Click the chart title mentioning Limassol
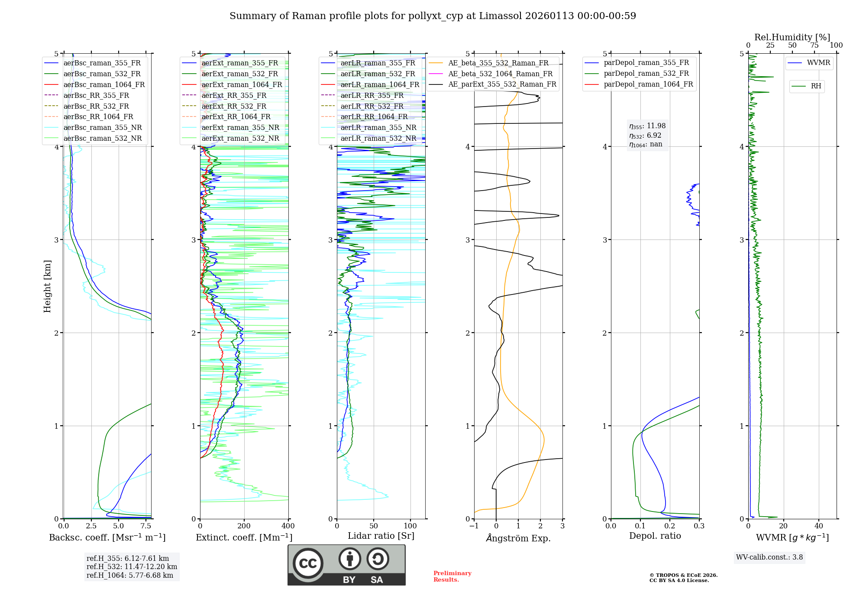(x=433, y=16)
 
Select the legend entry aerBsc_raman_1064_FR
(x=104, y=84)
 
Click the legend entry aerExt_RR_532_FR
(x=236, y=106)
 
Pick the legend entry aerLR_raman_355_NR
(x=378, y=127)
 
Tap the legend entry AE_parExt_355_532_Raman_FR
(x=502, y=84)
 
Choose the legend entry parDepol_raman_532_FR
(x=646, y=73)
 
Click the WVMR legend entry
(x=818, y=63)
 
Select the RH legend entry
(x=816, y=86)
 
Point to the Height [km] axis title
(x=47, y=286)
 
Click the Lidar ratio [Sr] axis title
(x=381, y=536)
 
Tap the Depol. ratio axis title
(x=655, y=536)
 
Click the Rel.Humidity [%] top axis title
(x=792, y=37)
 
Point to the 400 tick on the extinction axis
(x=288, y=526)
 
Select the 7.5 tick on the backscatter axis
(x=146, y=526)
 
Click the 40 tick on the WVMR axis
(x=818, y=526)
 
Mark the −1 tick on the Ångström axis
(x=474, y=526)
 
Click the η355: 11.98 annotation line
(x=647, y=126)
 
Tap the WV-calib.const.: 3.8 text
(x=769, y=557)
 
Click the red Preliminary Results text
(x=452, y=576)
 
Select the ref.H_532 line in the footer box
(x=132, y=566)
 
